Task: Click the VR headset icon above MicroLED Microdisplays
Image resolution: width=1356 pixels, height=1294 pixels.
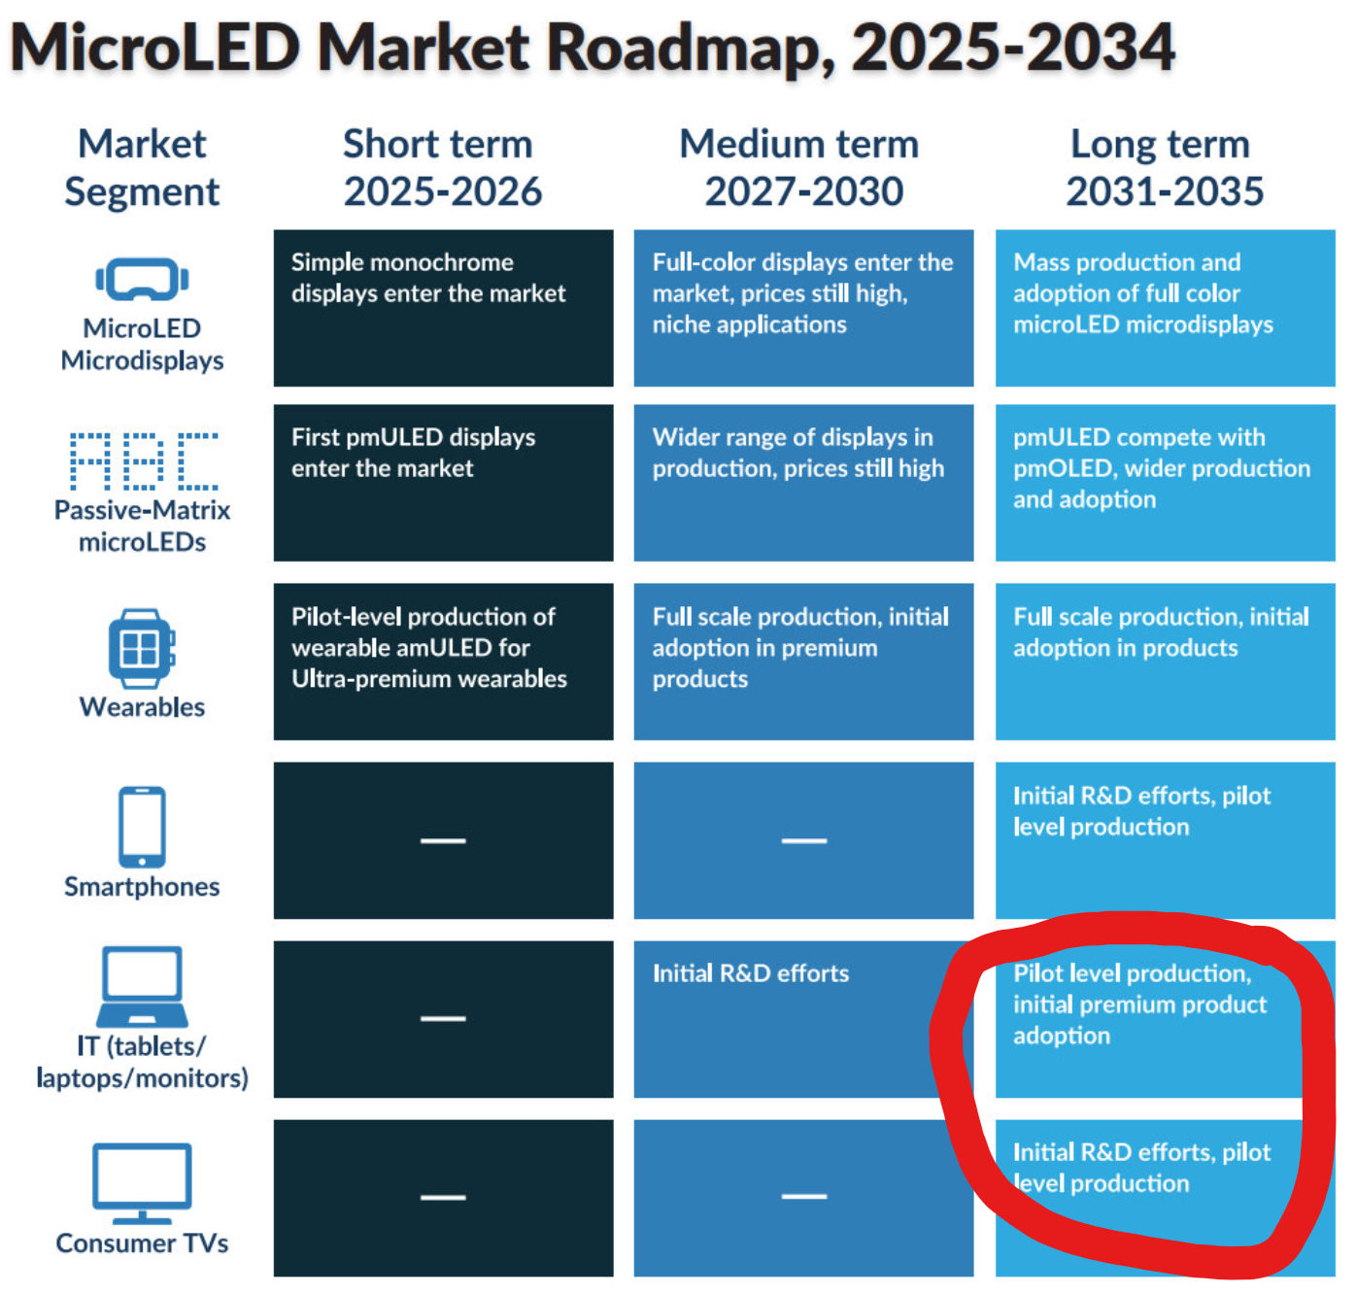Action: (142, 280)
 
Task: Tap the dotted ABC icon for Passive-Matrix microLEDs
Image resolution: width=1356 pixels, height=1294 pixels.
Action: (144, 460)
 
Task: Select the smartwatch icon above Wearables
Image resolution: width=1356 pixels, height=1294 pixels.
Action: (142, 648)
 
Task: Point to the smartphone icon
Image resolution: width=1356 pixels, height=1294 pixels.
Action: (142, 827)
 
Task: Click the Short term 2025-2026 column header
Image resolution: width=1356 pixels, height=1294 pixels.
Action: (441, 167)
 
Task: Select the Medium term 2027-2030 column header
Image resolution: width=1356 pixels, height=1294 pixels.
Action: (801, 167)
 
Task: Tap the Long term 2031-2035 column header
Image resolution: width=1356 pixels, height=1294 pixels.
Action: (1163, 167)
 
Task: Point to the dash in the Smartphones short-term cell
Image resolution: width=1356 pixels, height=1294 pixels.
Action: (443, 840)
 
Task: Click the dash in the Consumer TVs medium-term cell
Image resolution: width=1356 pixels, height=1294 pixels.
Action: (803, 1197)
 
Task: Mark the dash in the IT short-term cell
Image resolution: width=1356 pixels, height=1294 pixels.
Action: (443, 1019)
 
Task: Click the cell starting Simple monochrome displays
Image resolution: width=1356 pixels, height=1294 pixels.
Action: (443, 307)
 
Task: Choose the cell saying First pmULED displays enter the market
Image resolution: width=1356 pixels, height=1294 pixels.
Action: (443, 483)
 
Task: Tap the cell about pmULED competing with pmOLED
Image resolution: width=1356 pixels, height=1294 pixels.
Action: (1164, 483)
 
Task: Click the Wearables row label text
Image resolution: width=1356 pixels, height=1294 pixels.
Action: (142, 707)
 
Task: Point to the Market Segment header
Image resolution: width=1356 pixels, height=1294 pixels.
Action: (142, 167)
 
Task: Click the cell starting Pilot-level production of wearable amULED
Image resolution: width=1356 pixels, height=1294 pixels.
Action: (443, 661)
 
